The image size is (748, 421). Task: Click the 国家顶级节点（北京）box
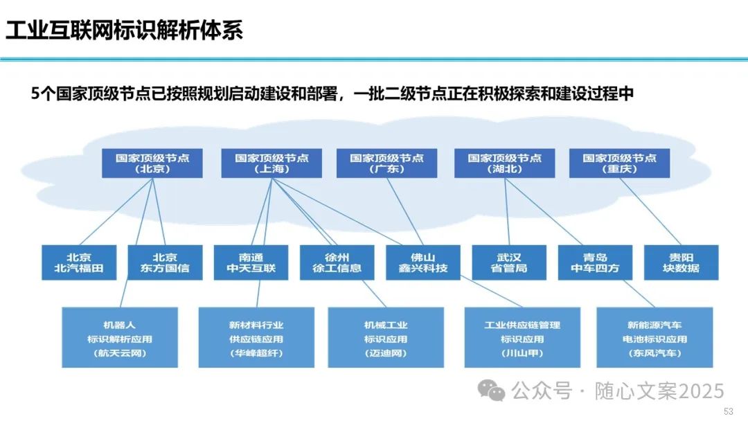[x=152, y=163]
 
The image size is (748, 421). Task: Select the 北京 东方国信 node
[x=165, y=262]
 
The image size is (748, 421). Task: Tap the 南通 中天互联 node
[x=251, y=262]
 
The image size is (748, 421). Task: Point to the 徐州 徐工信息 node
[x=337, y=262]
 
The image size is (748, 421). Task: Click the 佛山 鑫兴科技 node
[x=422, y=262]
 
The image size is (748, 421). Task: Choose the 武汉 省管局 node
[x=509, y=262]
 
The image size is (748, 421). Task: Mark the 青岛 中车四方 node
[x=594, y=262]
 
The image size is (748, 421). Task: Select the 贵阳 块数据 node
[x=681, y=262]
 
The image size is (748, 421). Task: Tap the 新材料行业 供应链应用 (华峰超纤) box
[x=256, y=338]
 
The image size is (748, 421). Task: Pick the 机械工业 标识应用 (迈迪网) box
[x=386, y=338]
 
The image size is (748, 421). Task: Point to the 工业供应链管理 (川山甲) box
[x=522, y=338]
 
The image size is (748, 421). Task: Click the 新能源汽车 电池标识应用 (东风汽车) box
[x=654, y=338]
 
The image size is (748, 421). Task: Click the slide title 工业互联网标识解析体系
[x=125, y=30]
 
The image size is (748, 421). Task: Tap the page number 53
[x=728, y=411]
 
